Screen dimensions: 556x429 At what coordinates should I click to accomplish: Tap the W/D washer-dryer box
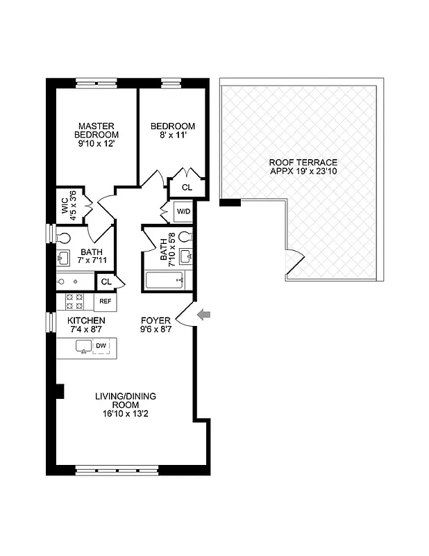coord(184,211)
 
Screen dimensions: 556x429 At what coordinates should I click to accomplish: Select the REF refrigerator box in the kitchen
coord(105,302)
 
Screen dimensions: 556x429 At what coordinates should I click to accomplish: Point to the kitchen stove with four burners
coord(74,302)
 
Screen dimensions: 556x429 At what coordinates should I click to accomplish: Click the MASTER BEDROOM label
coord(97,130)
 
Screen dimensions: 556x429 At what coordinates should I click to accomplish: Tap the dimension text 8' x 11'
coord(173,137)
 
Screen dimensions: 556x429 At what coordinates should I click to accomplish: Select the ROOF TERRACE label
coord(303,162)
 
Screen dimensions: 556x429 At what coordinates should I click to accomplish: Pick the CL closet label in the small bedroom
coord(187,188)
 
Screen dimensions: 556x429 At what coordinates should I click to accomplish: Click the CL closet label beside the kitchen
coord(106,281)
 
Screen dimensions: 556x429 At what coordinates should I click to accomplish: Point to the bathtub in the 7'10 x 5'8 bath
coord(165,281)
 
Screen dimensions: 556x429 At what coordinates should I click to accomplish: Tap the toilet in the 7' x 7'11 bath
coord(62,237)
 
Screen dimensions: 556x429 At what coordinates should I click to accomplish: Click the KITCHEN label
coord(86,320)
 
